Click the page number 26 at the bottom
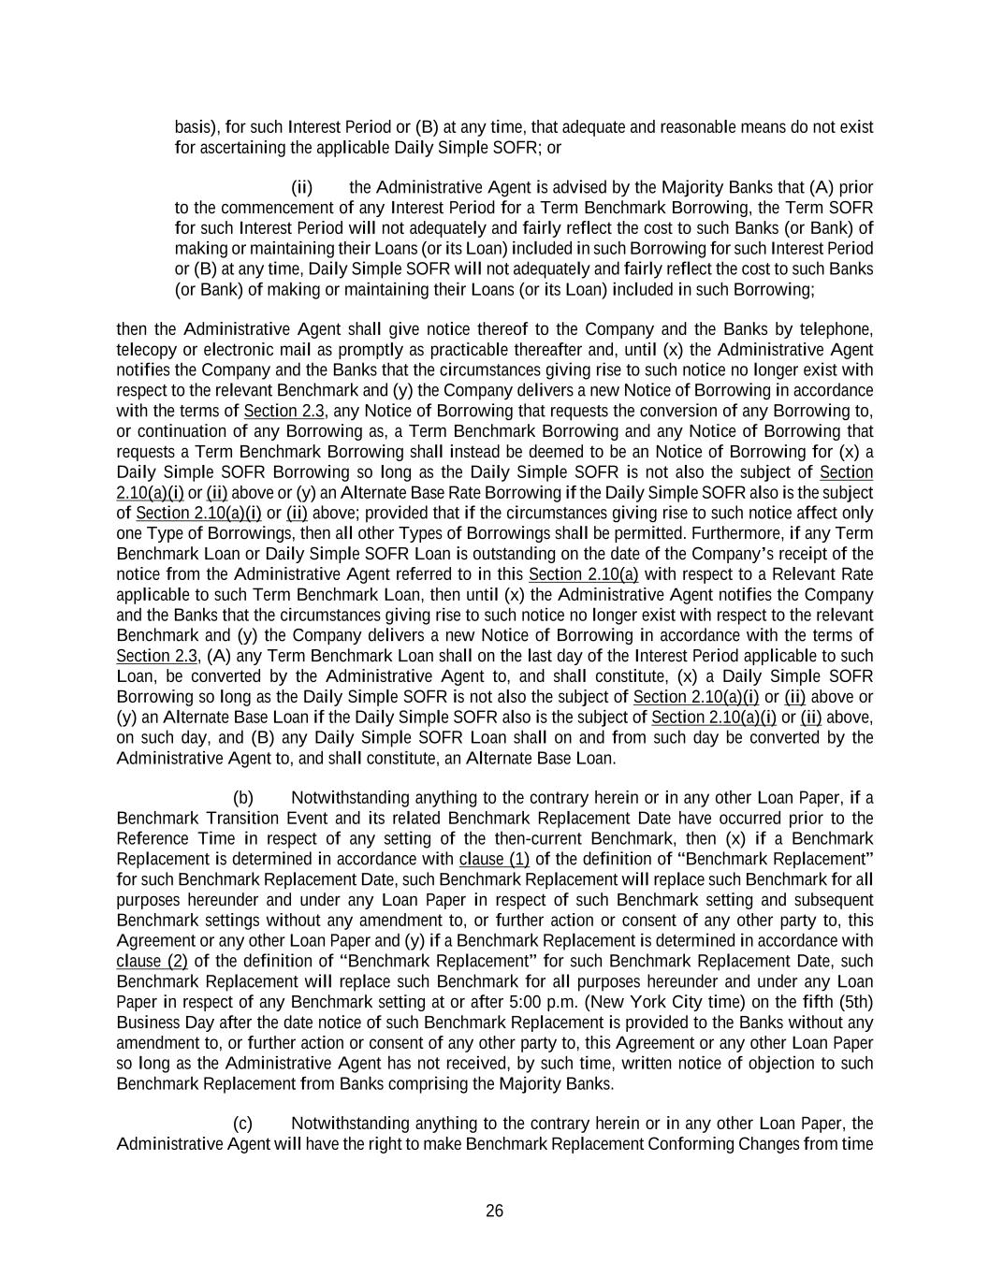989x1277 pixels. click(494, 1211)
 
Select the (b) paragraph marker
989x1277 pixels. click(243, 798)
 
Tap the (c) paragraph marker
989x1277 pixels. click(242, 1124)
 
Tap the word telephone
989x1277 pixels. click(838, 329)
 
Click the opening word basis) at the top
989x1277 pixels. click(197, 127)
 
